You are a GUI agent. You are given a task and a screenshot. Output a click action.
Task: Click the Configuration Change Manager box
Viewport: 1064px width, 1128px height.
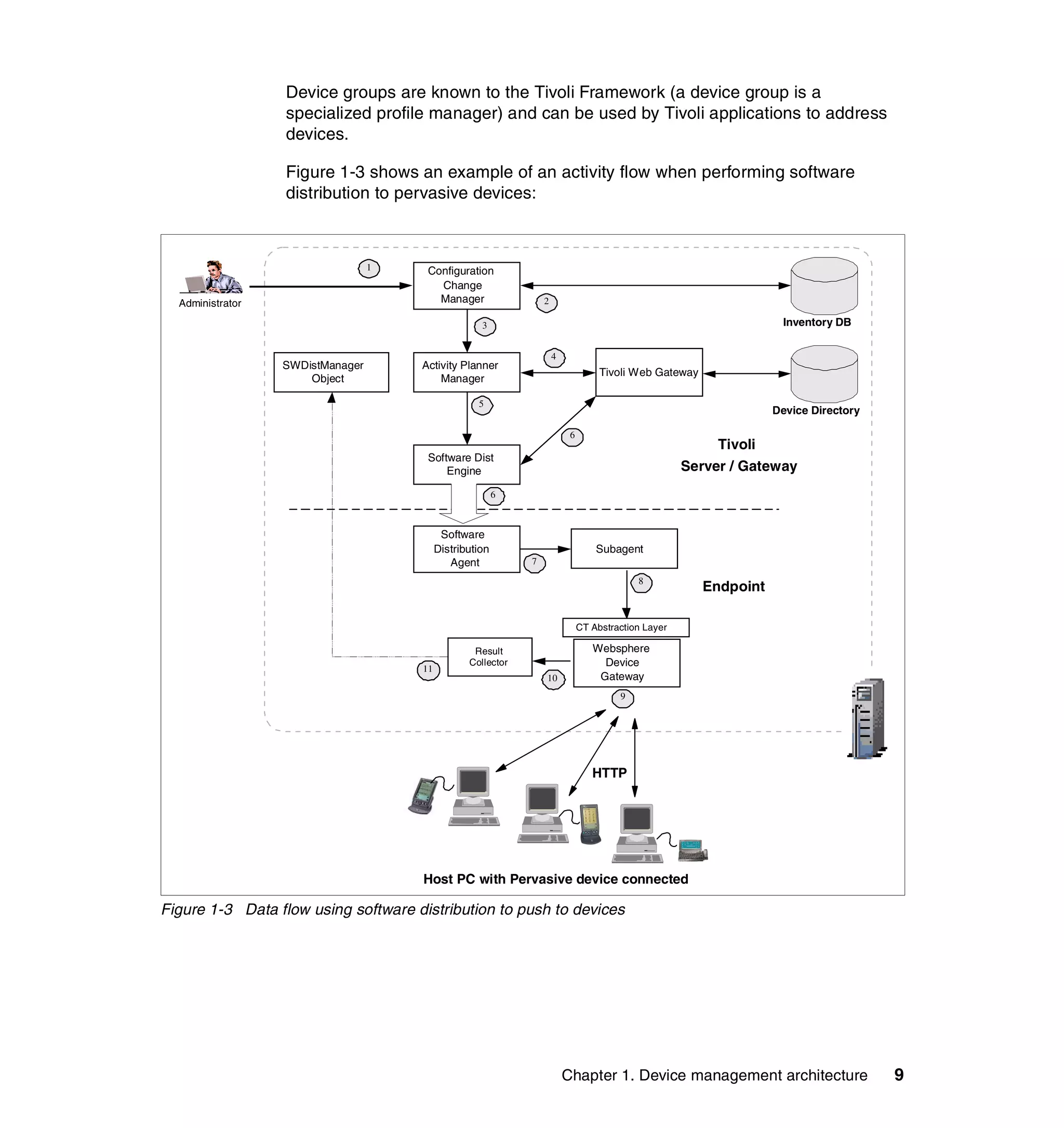pos(467,286)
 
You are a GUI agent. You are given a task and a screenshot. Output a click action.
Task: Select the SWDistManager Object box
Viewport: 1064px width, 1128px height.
pos(331,372)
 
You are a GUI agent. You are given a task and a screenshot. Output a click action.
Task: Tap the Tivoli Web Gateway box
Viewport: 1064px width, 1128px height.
pos(648,372)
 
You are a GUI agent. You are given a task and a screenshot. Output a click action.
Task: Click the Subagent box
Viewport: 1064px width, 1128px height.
pos(623,549)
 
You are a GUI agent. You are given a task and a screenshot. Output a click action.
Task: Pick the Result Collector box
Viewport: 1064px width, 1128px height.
pos(489,657)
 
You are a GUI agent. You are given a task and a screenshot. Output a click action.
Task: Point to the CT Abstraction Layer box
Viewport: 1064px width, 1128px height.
pos(626,627)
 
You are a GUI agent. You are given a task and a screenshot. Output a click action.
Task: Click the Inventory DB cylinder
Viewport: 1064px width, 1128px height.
pos(824,286)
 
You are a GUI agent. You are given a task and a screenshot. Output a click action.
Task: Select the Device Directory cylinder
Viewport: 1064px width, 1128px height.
pos(824,374)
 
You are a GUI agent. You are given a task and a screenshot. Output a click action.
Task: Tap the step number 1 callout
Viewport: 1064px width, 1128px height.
pos(369,268)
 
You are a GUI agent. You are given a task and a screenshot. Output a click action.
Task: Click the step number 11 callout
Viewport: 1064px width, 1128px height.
pos(428,670)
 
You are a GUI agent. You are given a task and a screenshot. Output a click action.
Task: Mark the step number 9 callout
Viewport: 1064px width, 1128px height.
pos(622,698)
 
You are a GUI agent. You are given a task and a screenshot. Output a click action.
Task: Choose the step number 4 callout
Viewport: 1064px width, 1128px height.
pos(554,358)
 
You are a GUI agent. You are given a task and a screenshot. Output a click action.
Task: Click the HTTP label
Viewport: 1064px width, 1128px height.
pos(609,773)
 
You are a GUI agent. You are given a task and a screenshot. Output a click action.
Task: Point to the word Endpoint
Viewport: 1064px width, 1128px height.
pos(733,587)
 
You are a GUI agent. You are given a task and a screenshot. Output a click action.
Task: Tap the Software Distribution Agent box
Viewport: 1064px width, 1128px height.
pos(467,549)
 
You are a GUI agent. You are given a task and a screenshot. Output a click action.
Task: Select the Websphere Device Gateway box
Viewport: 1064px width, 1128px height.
pos(627,663)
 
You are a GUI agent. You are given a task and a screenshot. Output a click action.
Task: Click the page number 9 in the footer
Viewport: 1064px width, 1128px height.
pos(899,1075)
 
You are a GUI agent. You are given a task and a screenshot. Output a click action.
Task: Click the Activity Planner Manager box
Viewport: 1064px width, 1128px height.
pos(467,372)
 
